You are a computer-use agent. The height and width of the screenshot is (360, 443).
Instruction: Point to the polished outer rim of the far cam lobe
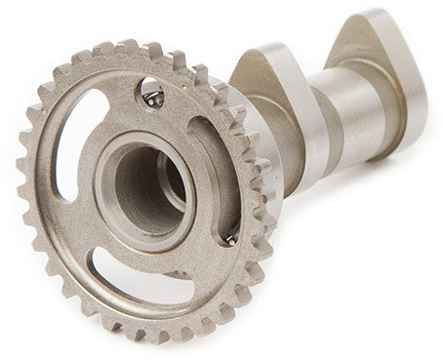point(405,88)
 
